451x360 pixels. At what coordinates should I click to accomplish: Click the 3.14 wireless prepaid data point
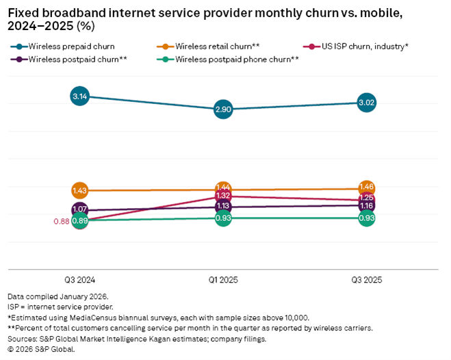click(79, 97)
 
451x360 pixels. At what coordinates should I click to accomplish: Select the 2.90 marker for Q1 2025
click(223, 109)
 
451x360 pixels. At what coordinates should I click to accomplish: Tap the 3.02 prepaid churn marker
click(367, 103)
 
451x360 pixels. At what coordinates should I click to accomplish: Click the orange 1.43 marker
click(79, 190)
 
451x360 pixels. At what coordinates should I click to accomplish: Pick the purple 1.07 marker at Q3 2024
click(79, 209)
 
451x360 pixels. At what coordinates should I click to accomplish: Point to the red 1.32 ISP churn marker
click(223, 196)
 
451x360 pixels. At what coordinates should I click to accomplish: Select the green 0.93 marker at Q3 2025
click(367, 218)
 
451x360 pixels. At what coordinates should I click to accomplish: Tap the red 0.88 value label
click(60, 220)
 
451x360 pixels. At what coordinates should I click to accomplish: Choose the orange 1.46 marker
click(367, 187)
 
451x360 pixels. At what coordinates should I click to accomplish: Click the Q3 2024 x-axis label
click(79, 280)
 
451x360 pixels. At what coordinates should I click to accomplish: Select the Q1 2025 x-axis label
click(223, 280)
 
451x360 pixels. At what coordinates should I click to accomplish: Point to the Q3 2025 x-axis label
click(367, 280)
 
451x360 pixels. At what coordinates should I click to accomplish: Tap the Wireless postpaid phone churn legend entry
click(233, 60)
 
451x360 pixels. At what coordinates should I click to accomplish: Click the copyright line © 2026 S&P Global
click(41, 349)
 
